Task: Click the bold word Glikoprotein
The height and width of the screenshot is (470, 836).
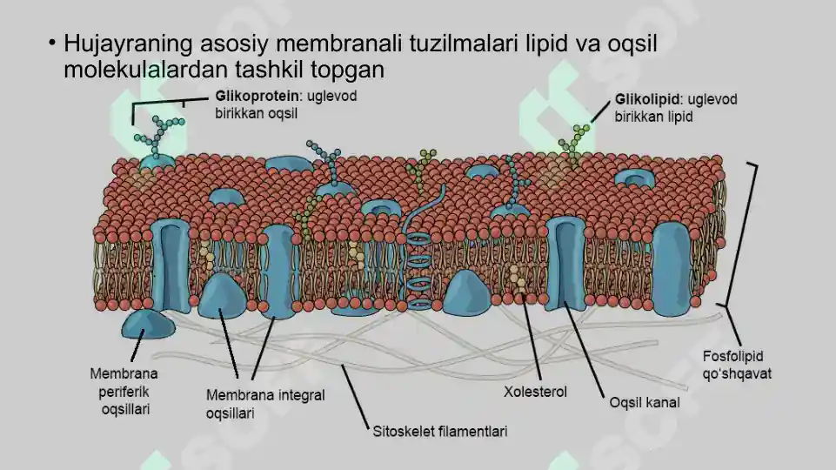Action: (257, 97)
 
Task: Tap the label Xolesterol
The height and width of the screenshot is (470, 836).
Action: (535, 393)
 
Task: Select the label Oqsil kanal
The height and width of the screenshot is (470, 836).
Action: (645, 402)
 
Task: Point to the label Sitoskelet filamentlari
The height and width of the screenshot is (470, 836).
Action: (440, 431)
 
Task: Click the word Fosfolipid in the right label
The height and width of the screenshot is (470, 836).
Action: (732, 356)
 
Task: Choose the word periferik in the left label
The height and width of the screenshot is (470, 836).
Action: (124, 393)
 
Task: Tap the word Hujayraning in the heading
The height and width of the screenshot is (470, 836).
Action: (128, 44)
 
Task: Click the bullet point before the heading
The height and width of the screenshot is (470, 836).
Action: (51, 42)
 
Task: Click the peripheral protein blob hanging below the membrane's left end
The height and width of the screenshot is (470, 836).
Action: (148, 325)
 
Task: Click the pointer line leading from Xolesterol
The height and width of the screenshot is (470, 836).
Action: (532, 337)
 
